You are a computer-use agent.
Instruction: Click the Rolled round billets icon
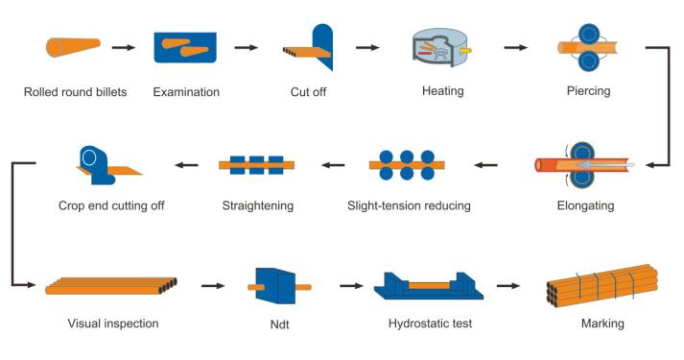(73, 46)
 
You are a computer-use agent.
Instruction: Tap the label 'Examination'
(186, 92)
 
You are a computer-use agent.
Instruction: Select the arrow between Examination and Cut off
(246, 46)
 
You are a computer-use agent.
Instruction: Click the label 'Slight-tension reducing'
(409, 205)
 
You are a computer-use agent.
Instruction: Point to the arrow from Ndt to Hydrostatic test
(351, 286)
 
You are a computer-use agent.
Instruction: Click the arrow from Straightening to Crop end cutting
(185, 165)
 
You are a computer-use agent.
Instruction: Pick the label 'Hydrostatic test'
(430, 324)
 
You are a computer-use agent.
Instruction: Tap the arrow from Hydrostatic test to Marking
(507, 286)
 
